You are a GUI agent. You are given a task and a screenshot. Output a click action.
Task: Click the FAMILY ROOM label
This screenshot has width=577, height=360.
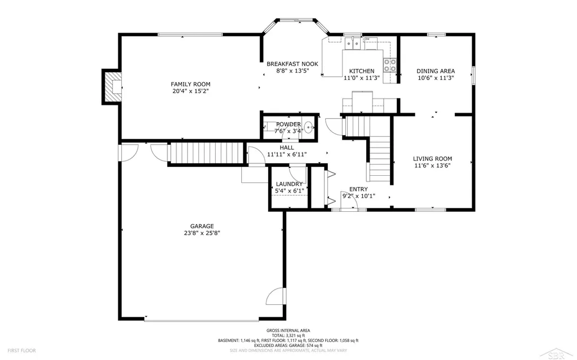tap(190, 85)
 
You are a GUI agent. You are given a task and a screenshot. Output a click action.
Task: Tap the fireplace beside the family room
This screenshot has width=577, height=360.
tap(113, 87)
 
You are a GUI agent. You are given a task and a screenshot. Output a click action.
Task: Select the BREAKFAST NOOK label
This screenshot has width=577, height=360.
tap(292, 64)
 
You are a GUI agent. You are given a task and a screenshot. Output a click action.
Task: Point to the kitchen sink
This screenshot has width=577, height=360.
tap(352, 44)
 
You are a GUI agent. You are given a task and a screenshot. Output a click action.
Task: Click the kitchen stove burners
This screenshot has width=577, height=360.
tap(390, 65)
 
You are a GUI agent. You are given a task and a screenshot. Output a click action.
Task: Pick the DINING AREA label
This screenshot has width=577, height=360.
tap(436, 71)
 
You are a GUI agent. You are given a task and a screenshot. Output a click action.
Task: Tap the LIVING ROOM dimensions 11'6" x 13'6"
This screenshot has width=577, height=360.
tap(432, 166)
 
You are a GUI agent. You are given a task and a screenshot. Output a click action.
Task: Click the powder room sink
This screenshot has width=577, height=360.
tap(308, 127)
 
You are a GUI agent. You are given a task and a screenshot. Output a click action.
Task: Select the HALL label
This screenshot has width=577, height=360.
tap(287, 148)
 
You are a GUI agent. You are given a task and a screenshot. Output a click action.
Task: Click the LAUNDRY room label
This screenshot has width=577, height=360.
tap(289, 184)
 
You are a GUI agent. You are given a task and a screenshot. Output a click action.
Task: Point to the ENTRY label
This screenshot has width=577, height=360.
tap(358, 189)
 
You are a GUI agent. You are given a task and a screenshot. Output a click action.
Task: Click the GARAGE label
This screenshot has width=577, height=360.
tap(202, 226)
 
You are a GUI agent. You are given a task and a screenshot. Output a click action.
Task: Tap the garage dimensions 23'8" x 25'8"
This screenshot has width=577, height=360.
tap(202, 233)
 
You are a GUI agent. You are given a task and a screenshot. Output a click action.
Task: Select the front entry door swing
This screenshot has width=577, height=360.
tap(349, 201)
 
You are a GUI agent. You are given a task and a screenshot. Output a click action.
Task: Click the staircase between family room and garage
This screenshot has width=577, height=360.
tap(207, 153)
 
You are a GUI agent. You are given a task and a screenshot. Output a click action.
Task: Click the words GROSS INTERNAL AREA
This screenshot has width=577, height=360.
tap(288, 331)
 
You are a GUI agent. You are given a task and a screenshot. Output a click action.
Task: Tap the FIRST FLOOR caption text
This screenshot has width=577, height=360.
tap(22, 351)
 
